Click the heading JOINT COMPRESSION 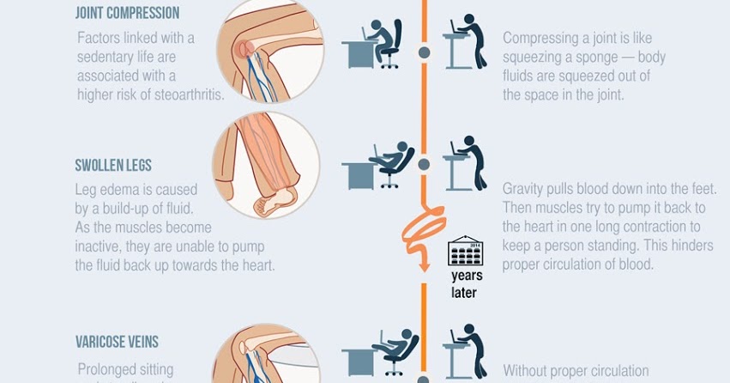[x=127, y=14]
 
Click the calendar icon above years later [x=466, y=251]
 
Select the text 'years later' [x=466, y=284]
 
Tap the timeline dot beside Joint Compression [x=424, y=52]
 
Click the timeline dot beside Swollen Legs [x=424, y=163]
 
